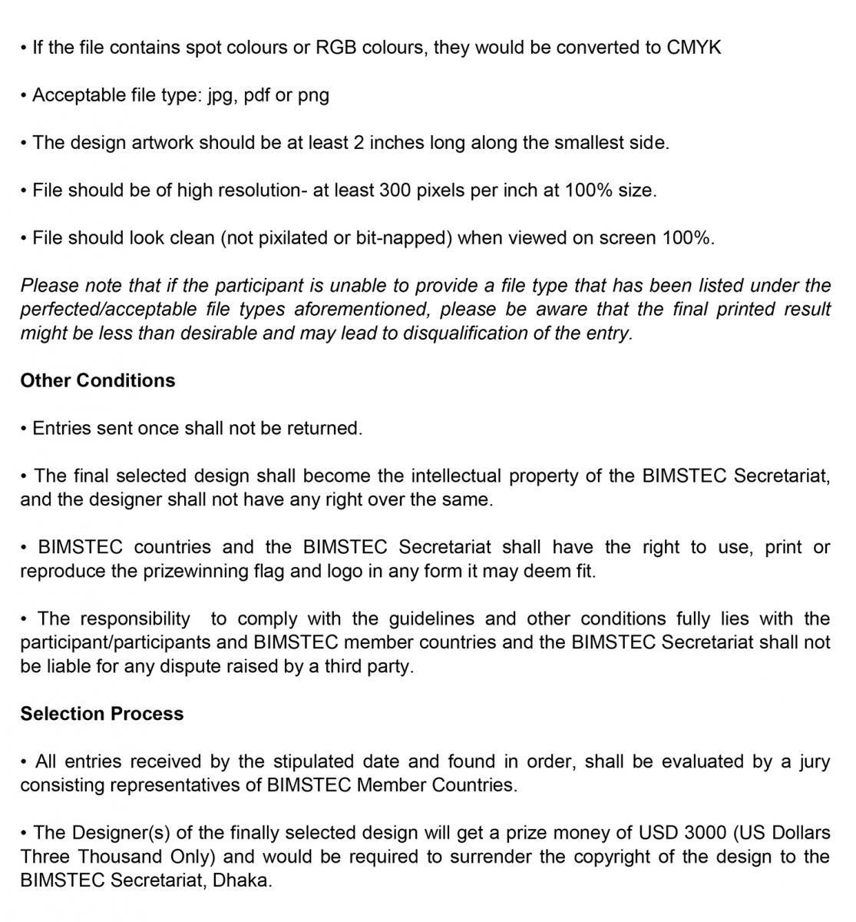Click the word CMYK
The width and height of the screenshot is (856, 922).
694,48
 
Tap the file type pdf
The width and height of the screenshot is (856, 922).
256,95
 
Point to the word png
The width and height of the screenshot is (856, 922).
313,95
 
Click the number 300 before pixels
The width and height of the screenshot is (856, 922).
395,191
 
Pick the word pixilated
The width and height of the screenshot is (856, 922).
289,238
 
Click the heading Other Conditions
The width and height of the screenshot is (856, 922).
97,381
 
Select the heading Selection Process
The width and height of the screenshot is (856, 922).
102,714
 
